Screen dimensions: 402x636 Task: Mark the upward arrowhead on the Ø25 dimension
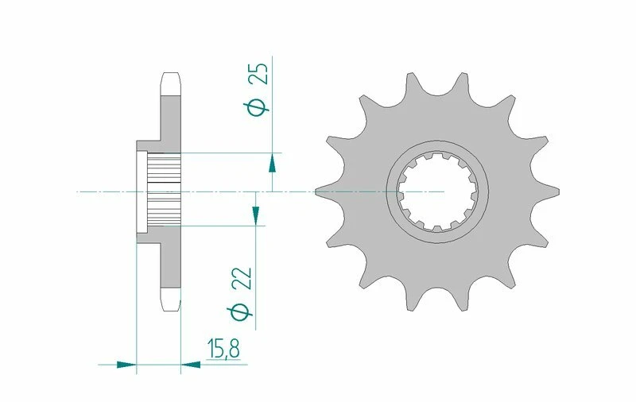click(272, 163)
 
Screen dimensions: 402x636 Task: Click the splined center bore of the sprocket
click(437, 191)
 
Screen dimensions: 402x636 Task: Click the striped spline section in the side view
click(166, 191)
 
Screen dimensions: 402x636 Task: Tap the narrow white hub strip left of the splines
click(142, 191)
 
